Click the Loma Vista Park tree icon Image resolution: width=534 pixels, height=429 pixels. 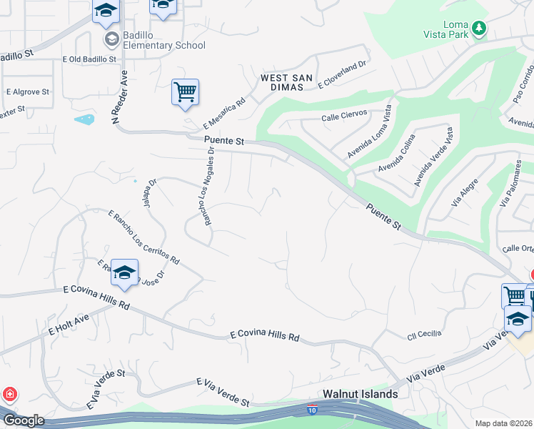tap(480, 29)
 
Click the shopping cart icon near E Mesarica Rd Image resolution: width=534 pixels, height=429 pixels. tap(185, 92)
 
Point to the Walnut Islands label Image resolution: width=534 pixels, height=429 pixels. tap(360, 394)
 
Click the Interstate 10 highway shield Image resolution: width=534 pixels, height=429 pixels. tap(312, 409)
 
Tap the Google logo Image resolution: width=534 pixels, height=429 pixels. tap(23, 420)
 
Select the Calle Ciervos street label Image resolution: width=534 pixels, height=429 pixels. tap(344, 114)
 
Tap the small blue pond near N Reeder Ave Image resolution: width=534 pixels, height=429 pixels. tap(84, 119)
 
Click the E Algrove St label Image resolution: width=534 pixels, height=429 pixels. tap(28, 92)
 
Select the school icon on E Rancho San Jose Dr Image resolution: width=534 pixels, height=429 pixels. tap(125, 273)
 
